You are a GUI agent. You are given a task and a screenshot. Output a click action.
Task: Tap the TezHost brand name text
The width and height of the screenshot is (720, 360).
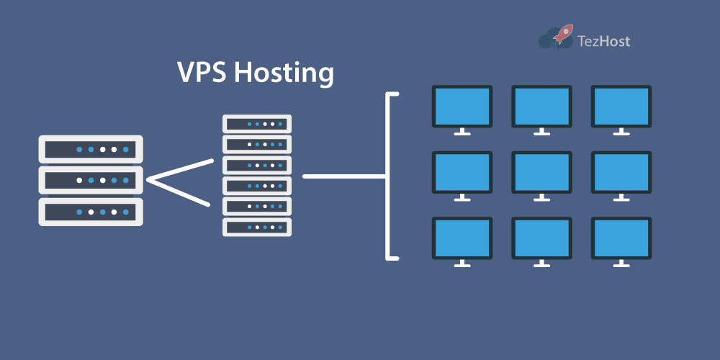click(x=604, y=41)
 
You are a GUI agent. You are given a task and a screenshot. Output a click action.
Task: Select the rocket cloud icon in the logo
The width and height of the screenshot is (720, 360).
click(x=556, y=37)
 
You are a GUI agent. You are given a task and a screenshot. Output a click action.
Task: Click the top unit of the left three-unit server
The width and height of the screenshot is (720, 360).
click(x=91, y=150)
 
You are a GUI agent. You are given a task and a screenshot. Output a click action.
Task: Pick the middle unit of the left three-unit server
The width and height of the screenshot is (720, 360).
click(x=91, y=181)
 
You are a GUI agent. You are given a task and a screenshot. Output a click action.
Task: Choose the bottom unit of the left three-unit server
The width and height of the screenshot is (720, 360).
click(x=91, y=212)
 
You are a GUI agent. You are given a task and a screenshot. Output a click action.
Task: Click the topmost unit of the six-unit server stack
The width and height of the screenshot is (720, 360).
click(x=257, y=124)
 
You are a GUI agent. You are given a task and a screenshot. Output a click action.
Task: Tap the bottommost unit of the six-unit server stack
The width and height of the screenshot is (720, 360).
click(x=257, y=228)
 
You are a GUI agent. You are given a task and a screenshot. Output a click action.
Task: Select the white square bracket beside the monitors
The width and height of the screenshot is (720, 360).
click(x=390, y=176)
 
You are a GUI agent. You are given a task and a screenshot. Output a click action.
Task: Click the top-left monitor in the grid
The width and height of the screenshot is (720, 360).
click(x=462, y=107)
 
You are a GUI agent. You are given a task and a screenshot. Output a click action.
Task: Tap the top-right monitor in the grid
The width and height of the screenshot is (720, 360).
click(x=621, y=107)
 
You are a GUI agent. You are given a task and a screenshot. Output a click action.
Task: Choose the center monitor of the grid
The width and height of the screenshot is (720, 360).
click(x=541, y=172)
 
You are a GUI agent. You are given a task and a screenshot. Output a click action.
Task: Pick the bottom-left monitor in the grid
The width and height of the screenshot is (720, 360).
click(x=462, y=238)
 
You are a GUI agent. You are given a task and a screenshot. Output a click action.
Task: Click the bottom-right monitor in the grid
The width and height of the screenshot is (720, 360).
click(x=621, y=238)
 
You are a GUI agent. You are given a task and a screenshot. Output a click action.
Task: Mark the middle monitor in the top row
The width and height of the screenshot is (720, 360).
click(x=541, y=107)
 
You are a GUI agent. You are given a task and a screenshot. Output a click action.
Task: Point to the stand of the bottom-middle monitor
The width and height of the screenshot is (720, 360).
click(x=541, y=264)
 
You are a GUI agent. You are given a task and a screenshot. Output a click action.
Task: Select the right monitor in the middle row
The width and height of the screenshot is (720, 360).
click(x=621, y=172)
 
